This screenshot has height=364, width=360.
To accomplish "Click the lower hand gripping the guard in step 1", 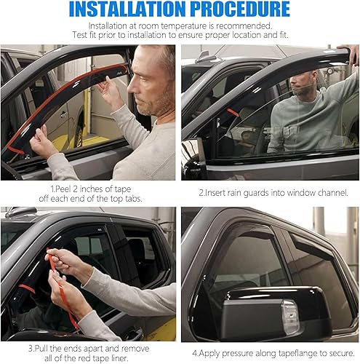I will point(41,142).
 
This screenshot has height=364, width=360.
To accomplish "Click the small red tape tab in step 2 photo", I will point(232,113).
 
